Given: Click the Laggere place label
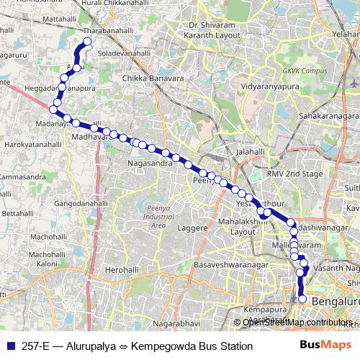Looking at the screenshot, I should pyautogui.click(x=192, y=228).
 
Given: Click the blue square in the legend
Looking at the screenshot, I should pyautogui.click(x=10, y=346).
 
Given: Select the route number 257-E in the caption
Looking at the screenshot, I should pyautogui.click(x=35, y=346).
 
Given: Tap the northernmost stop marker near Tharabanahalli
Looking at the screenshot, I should pyautogui.click(x=89, y=42).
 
